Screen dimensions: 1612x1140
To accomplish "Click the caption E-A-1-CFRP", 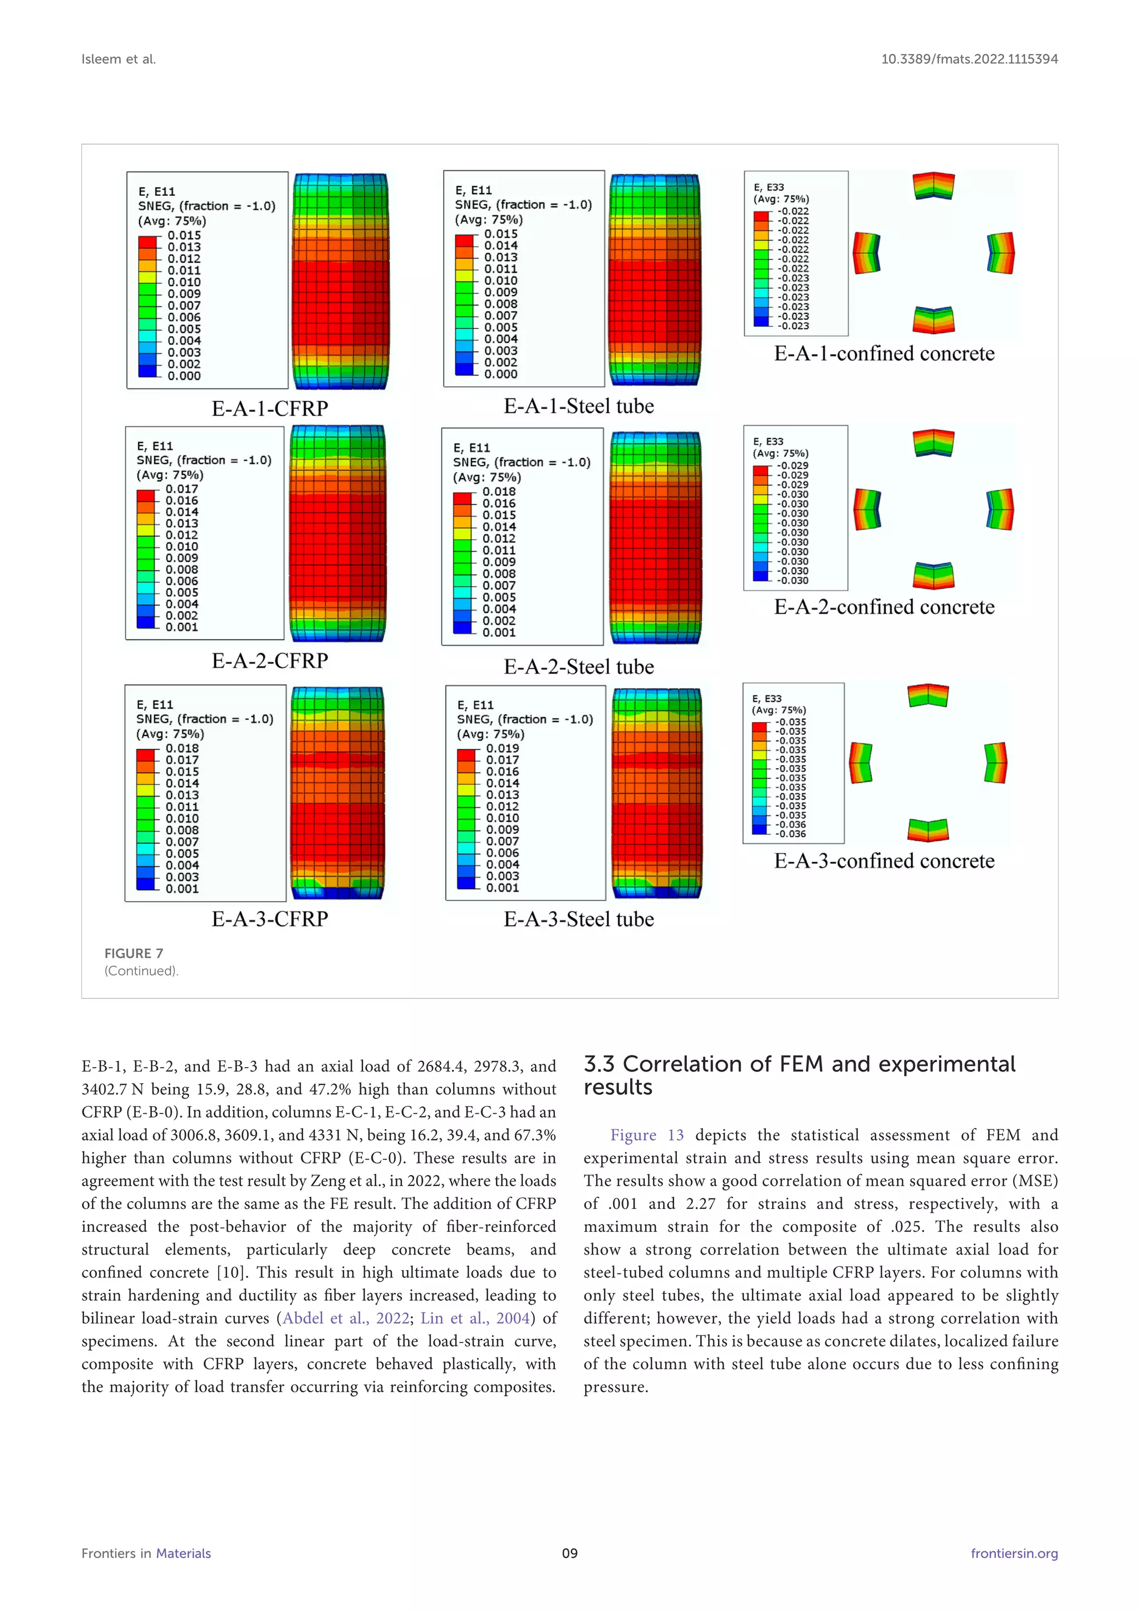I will click(269, 409).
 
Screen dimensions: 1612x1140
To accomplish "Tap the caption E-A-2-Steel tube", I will click(578, 667).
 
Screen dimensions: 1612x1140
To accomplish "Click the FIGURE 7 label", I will click(134, 954).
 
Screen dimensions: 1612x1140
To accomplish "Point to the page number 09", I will click(569, 1554).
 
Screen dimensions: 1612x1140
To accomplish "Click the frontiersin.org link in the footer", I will click(1014, 1554).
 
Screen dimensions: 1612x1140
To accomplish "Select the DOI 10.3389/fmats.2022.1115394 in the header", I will click(969, 60).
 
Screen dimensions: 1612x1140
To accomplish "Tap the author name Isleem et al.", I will click(119, 60).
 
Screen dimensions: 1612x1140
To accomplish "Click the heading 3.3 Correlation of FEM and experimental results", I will click(799, 1075).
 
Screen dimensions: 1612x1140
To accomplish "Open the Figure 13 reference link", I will click(646, 1136).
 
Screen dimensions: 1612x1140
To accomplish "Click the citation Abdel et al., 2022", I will click(345, 1319).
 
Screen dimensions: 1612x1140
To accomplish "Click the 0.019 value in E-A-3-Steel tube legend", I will click(503, 749).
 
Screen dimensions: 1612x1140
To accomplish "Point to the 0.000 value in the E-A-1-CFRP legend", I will click(184, 376).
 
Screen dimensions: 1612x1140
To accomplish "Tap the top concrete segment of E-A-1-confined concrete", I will click(933, 186).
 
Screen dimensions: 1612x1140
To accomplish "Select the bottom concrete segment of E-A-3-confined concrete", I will click(928, 830).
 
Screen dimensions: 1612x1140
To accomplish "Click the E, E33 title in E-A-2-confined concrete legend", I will click(768, 441).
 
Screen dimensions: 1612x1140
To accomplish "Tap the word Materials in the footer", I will click(183, 1554).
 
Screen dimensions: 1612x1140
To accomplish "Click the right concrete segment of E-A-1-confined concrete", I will click(1001, 253).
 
